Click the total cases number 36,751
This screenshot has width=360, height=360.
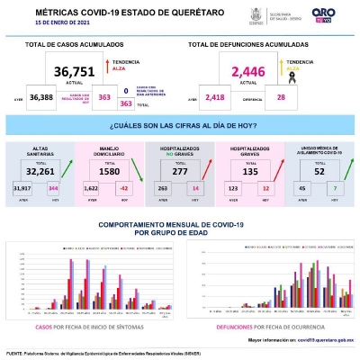pyautogui.click(x=76, y=71)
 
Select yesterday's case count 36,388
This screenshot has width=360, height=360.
pyautogui.click(x=41, y=96)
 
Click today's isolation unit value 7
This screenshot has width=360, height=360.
pyautogui.click(x=336, y=187)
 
